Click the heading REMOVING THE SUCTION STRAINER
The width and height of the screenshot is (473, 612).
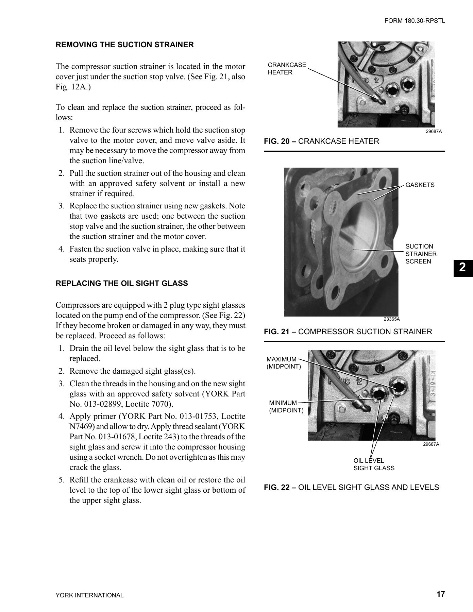click(x=124, y=45)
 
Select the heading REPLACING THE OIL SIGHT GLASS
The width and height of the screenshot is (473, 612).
click(x=122, y=283)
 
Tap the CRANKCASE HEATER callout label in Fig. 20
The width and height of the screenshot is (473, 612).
click(x=287, y=69)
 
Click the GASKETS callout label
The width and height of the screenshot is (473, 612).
click(x=420, y=185)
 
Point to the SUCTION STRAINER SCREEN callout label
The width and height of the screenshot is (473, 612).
click(x=421, y=254)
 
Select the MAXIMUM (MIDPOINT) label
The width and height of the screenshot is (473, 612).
click(x=283, y=363)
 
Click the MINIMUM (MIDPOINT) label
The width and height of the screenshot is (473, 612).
click(x=286, y=407)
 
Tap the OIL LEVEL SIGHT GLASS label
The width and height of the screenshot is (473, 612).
click(x=373, y=464)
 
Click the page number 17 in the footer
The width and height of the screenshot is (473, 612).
click(x=440, y=594)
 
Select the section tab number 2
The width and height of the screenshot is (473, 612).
click(x=463, y=268)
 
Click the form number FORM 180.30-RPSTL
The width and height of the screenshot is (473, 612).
click(x=415, y=21)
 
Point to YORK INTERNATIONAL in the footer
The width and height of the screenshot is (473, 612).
click(x=89, y=595)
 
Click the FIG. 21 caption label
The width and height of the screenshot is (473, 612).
click(x=280, y=331)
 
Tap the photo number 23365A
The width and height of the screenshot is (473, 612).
click(x=391, y=319)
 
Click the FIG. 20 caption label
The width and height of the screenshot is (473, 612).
click(x=280, y=141)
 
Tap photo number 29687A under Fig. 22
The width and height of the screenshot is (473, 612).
click(x=431, y=444)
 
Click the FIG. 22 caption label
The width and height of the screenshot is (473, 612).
click(x=280, y=487)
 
